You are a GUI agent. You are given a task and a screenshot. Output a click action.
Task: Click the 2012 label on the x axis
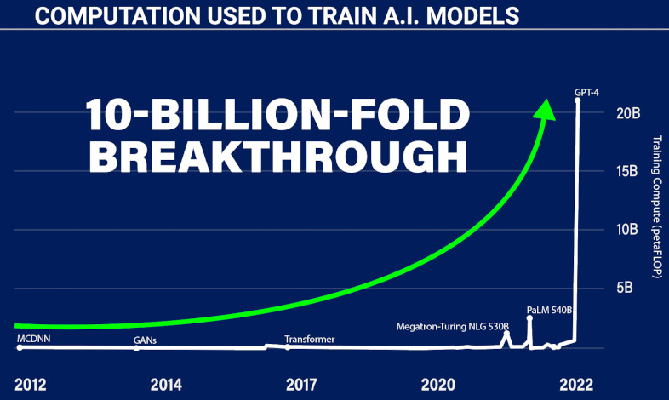pyautogui.click(x=31, y=385)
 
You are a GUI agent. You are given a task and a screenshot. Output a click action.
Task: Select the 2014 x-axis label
pyautogui.click(x=166, y=385)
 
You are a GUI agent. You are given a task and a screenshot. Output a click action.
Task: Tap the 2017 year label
pyautogui.click(x=301, y=385)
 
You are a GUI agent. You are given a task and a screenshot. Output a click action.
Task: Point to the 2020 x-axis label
pyautogui.click(x=438, y=385)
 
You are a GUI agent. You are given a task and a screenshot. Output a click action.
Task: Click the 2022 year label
pyautogui.click(x=576, y=385)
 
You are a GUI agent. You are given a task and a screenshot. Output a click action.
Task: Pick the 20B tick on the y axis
pyautogui.click(x=628, y=113)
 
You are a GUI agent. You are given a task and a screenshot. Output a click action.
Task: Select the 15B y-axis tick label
pyautogui.click(x=626, y=171)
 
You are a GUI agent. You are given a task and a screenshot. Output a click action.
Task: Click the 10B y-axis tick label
pyautogui.click(x=626, y=230)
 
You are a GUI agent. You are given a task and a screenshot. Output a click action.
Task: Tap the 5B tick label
pyautogui.click(x=624, y=288)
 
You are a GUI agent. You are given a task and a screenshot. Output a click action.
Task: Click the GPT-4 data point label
pyautogui.click(x=586, y=92)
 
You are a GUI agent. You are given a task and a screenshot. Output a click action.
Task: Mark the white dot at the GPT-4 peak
pyautogui.click(x=577, y=101)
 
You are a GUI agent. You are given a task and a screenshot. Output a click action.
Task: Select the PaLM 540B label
pyautogui.click(x=549, y=310)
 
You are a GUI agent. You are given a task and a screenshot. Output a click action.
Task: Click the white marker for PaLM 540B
pyautogui.click(x=529, y=318)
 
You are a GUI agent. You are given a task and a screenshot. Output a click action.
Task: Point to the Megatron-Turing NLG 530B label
pyautogui.click(x=453, y=327)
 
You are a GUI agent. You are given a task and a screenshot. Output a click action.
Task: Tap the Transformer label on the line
pyautogui.click(x=309, y=340)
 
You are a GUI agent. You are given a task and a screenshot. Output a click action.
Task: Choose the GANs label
pyautogui.click(x=145, y=340)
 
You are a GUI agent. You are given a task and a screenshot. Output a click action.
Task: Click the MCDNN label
pyautogui.click(x=34, y=339)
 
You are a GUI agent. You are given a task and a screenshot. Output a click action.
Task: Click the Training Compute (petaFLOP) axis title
pyautogui.click(x=657, y=207)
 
